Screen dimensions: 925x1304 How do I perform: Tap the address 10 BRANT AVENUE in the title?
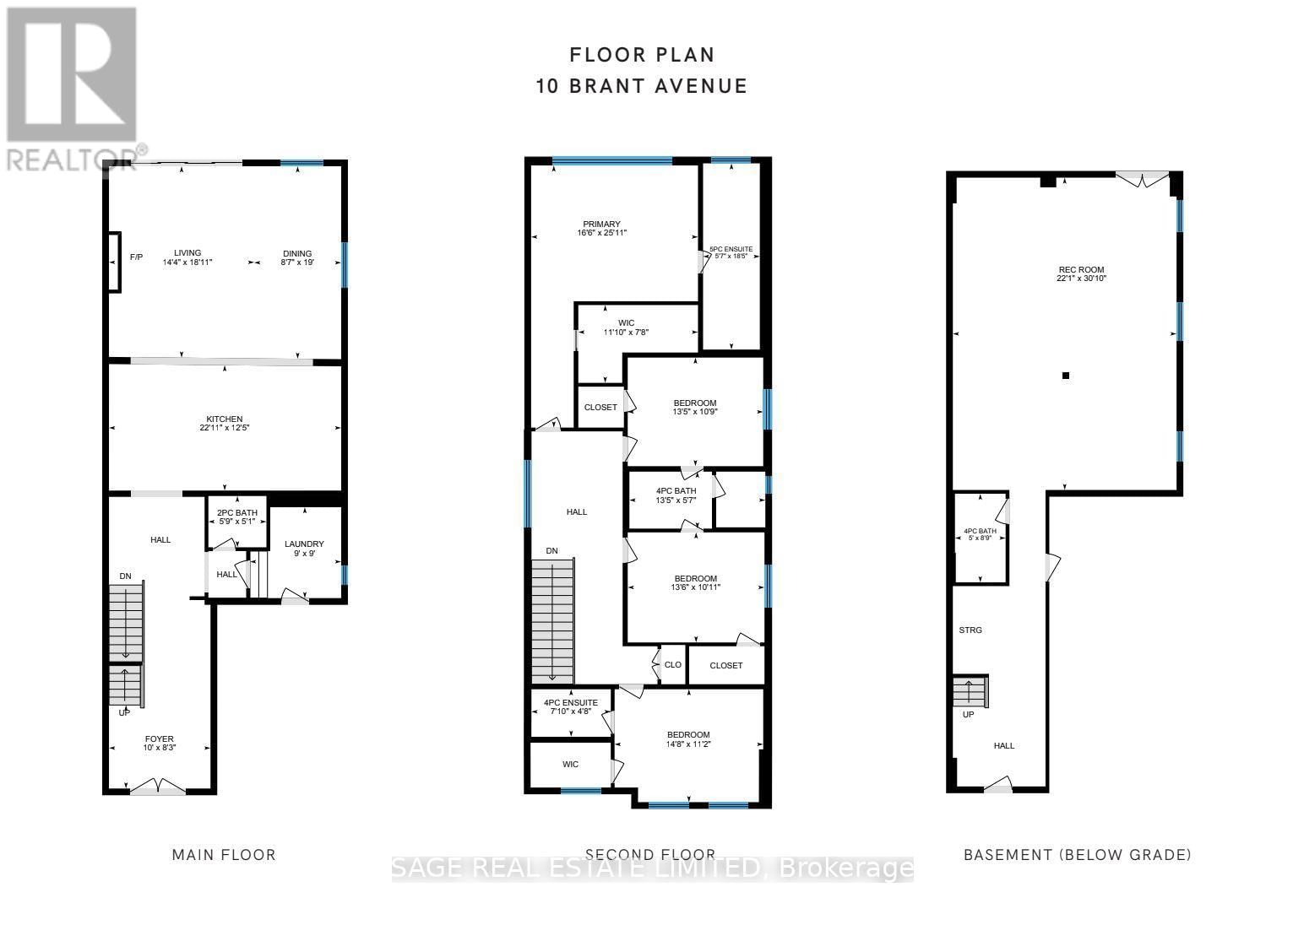click(x=642, y=86)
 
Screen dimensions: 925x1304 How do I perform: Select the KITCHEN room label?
click(x=225, y=419)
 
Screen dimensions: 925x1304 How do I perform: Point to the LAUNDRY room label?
click(x=304, y=544)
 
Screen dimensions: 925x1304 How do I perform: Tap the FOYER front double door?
click(x=157, y=788)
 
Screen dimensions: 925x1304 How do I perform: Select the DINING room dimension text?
click(x=297, y=262)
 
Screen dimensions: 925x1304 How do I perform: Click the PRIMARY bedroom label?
click(x=601, y=224)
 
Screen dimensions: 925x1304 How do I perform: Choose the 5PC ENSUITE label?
click(x=731, y=250)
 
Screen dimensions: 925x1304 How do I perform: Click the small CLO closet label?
click(x=673, y=665)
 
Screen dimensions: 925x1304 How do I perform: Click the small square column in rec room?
click(x=1066, y=376)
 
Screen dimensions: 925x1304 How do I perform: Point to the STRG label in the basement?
click(x=971, y=630)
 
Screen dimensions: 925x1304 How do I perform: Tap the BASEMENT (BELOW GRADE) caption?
click(x=1077, y=855)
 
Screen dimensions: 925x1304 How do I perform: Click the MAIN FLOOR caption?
click(x=224, y=855)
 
